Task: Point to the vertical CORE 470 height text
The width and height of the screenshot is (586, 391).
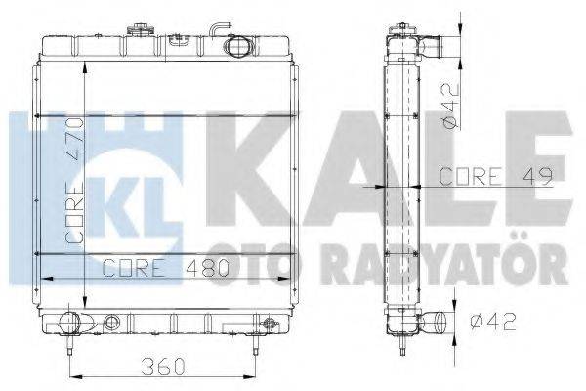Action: pos(73,187)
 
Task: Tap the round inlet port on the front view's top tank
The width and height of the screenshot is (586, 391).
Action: pos(239,45)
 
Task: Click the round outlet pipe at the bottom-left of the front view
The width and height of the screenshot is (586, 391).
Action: pos(68,320)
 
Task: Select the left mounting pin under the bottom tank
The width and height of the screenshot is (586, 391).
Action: pos(70,346)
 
